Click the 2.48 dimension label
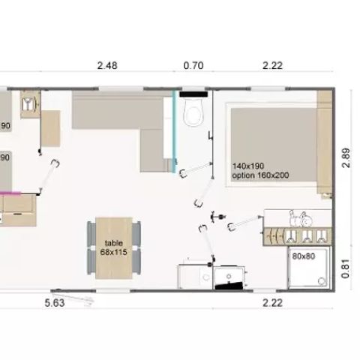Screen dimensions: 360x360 [x=107, y=66]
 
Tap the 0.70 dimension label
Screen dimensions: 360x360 [x=193, y=65]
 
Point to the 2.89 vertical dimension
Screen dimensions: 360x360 [x=346, y=158]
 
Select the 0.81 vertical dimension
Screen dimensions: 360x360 [x=346, y=268]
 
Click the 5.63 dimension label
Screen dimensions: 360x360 [x=55, y=303]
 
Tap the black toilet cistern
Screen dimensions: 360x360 [x=193, y=94]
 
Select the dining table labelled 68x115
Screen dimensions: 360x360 [x=114, y=248]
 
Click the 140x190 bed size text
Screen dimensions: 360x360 [x=248, y=166]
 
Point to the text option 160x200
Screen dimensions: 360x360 [x=260, y=175]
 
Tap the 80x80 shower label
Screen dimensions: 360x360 [x=304, y=256]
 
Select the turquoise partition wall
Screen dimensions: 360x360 [x=175, y=131]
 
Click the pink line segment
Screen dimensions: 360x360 [x=10, y=193]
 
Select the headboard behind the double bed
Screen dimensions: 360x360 [x=325, y=142]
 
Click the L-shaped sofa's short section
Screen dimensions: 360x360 [x=152, y=151]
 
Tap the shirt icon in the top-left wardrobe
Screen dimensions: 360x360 [x=28, y=104]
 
